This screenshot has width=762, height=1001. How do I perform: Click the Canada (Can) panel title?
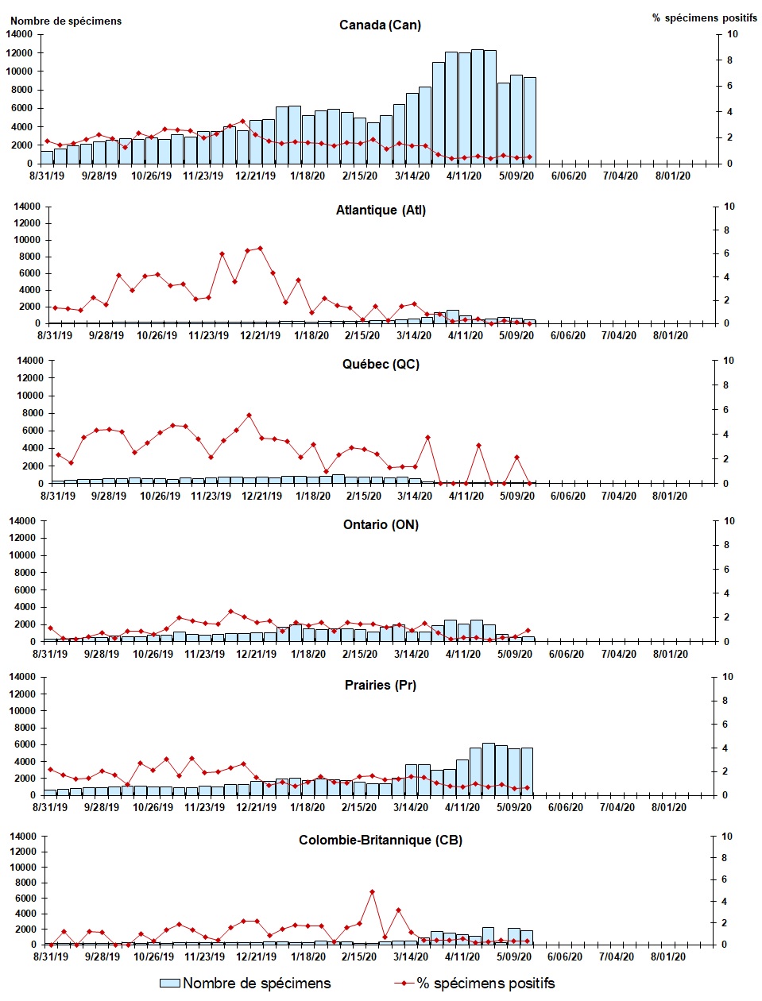380,25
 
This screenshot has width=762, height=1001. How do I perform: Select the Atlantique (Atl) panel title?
381,211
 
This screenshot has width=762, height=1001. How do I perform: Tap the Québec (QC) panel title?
381,365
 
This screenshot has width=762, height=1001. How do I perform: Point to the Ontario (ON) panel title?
381,525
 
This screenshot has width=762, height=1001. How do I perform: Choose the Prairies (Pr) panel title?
381,686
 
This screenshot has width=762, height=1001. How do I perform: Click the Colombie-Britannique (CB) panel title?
381,841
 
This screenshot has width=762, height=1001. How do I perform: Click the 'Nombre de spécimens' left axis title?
66,21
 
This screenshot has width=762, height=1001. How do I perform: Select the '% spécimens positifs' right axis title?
705,17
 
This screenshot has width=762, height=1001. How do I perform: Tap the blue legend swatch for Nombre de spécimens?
169,984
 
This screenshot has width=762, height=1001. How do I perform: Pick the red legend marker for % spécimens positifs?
404,984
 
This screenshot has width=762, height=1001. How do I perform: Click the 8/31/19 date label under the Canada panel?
47,176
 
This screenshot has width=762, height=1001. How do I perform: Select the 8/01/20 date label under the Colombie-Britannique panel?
668,957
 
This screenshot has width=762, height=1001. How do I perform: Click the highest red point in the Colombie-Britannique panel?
372,892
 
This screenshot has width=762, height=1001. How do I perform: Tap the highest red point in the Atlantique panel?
260,249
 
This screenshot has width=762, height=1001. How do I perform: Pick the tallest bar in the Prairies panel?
488,769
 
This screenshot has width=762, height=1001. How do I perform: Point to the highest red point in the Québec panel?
249,415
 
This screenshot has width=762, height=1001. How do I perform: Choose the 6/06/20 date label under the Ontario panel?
567,655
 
